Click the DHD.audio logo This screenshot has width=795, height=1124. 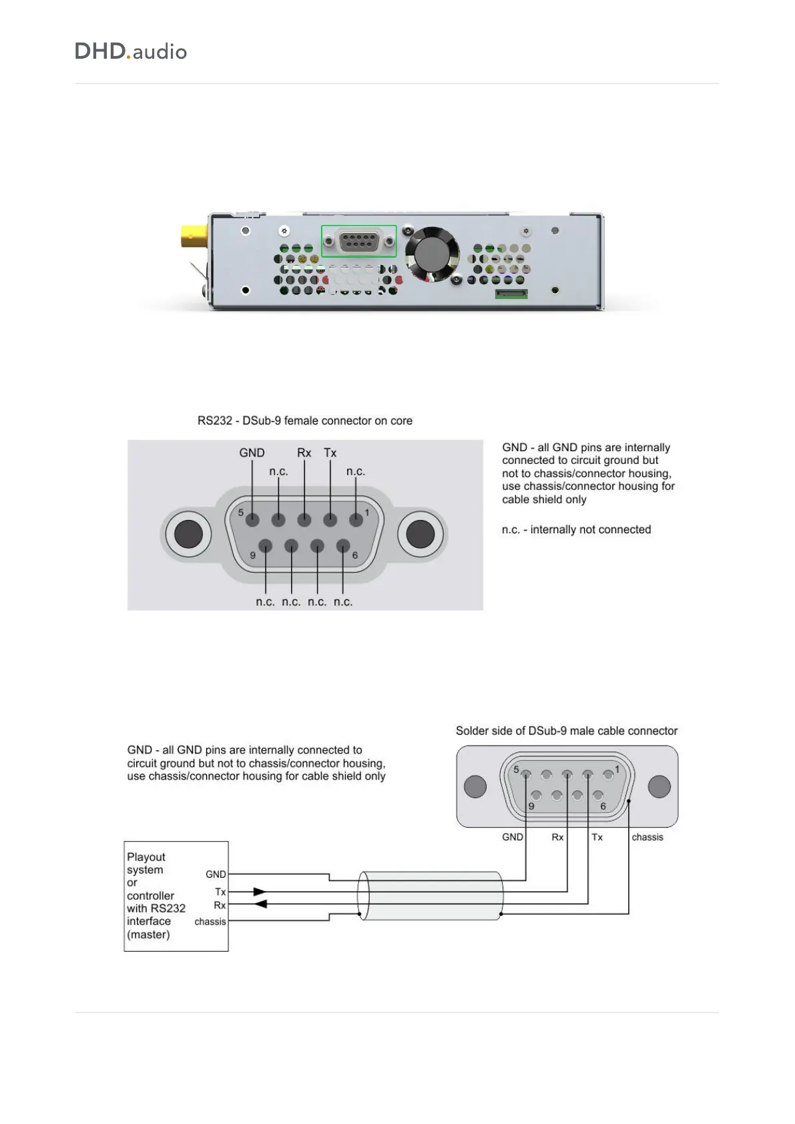tap(131, 51)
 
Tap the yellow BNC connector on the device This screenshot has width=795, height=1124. tap(194, 236)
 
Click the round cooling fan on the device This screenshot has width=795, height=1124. tap(433, 254)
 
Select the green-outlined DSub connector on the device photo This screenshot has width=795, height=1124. tap(359, 241)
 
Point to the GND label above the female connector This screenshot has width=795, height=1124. tap(252, 453)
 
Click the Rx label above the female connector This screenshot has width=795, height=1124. tap(304, 453)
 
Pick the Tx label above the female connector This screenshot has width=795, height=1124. tap(330, 453)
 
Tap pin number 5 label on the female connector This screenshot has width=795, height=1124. tap(241, 513)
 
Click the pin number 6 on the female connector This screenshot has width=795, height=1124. tap(355, 555)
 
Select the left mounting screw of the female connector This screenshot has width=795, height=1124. tap(188, 534)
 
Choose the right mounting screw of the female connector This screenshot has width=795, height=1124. tap(421, 534)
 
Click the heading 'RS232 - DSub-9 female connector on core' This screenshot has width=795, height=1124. tap(305, 420)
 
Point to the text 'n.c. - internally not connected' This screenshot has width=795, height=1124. tap(576, 529)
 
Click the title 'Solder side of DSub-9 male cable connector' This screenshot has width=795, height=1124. tap(567, 731)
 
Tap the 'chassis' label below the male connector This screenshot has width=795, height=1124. tap(647, 837)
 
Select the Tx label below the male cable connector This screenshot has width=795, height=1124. tap(597, 837)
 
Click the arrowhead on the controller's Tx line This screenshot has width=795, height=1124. tap(260, 892)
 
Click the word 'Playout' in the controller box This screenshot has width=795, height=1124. tap(146, 857)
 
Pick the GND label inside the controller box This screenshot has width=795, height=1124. tap(216, 874)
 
